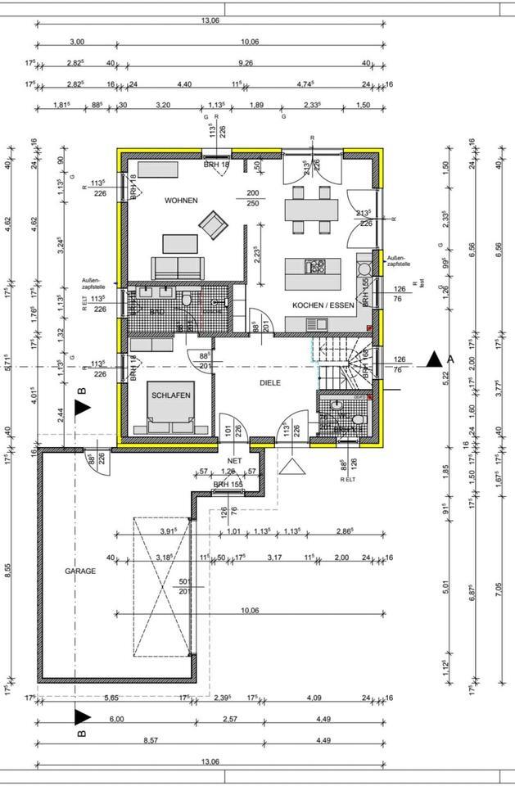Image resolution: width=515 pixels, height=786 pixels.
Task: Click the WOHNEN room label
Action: pos(180,201)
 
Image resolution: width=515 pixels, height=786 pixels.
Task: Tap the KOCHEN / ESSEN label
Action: pos(323,305)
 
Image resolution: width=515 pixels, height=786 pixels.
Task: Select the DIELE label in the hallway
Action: pos(270,381)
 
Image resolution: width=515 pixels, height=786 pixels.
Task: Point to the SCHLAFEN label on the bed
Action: pos(171,395)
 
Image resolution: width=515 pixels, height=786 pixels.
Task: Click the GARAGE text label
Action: pos(81,571)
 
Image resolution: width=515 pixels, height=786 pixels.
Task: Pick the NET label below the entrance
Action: pos(235,461)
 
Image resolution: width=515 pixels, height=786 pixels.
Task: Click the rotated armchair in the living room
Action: pos(214,224)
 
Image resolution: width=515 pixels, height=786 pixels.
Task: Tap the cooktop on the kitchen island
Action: pos(315,266)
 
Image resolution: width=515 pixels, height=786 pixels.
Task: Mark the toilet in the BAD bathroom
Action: pos(187,302)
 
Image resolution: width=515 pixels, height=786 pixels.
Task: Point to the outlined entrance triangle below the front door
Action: pos(291,465)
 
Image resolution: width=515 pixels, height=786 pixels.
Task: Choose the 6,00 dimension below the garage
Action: pos(116,719)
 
